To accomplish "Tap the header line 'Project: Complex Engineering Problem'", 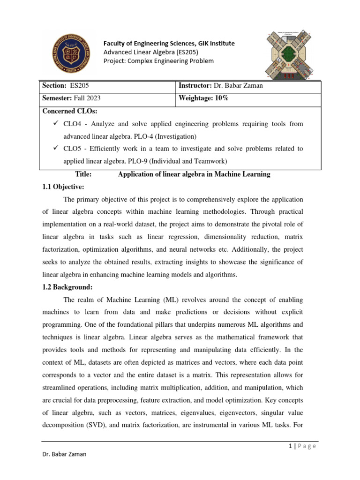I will coord(158,61).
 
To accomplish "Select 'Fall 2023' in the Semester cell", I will coord(87,98).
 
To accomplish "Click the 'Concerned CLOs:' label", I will coord(69,112).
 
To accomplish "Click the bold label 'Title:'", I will coord(82,174).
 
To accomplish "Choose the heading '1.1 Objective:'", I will coord(63,187).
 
